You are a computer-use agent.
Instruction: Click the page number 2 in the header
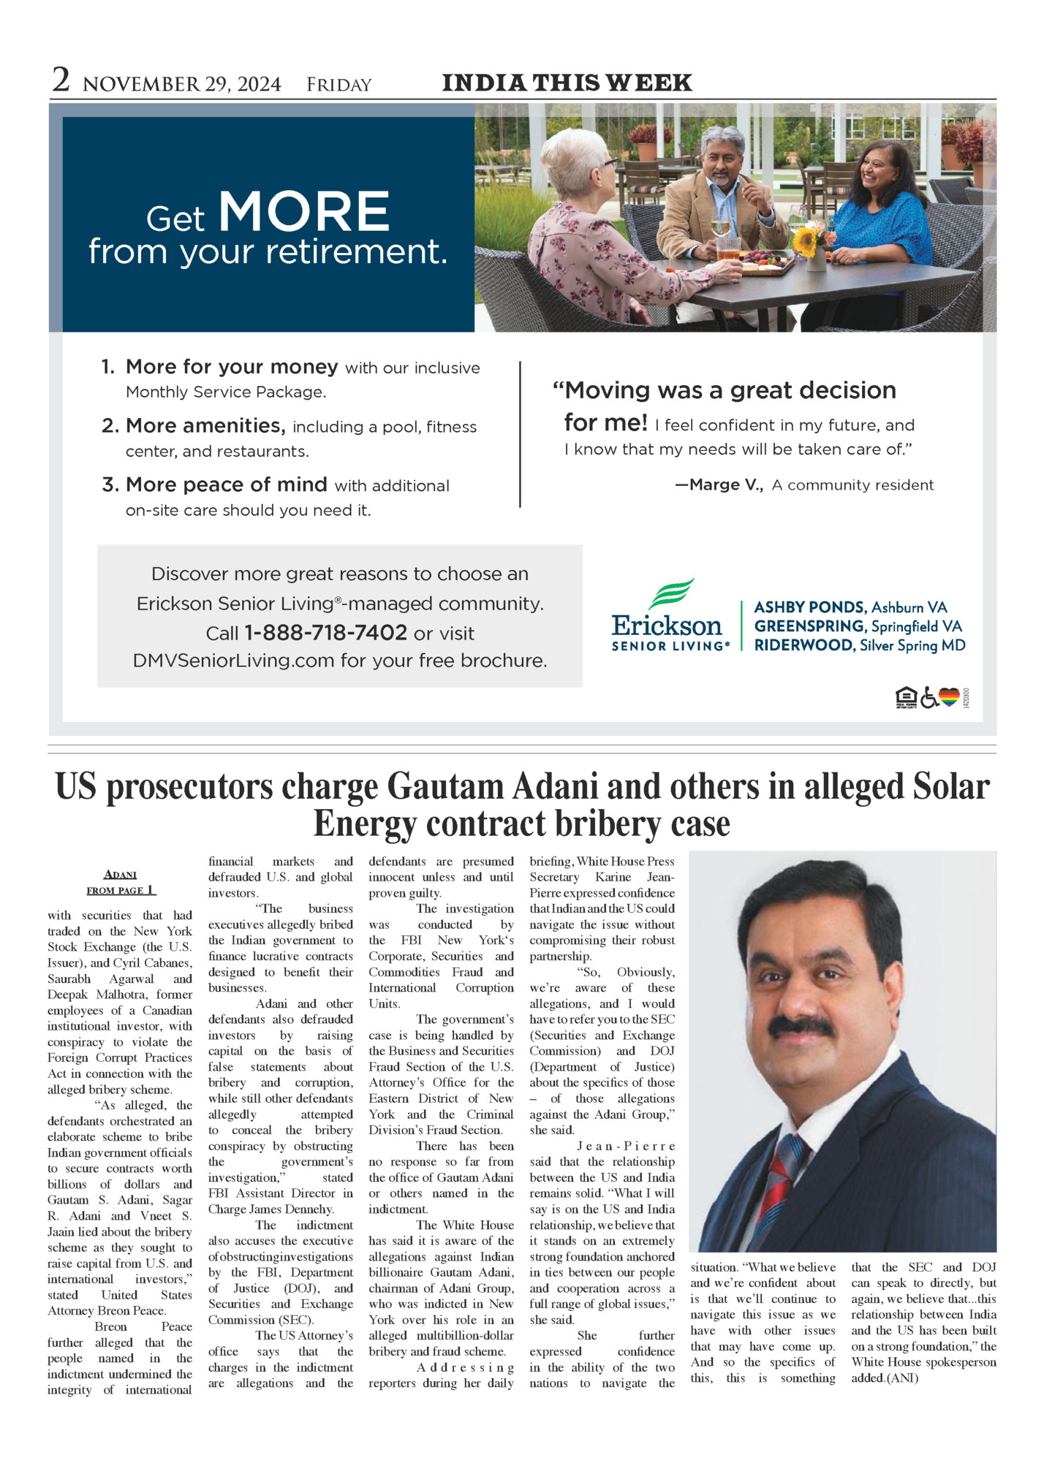pyautogui.click(x=61, y=80)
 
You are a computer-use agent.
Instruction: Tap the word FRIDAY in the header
pyautogui.click(x=339, y=85)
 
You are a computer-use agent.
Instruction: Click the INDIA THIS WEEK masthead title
pyautogui.click(x=567, y=83)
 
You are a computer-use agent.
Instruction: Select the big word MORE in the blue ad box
pyautogui.click(x=304, y=212)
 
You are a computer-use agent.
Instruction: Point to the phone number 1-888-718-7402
pyautogui.click(x=325, y=633)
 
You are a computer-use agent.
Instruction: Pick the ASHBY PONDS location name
pyautogui.click(x=809, y=607)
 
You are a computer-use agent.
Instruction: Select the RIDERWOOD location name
pyautogui.click(x=804, y=645)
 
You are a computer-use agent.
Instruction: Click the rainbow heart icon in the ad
pyautogui.click(x=949, y=698)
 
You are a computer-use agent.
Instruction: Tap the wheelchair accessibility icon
pyautogui.click(x=928, y=699)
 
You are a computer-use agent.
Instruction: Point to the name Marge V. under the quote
pyautogui.click(x=719, y=485)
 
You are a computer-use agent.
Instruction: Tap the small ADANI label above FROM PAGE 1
pyautogui.click(x=121, y=875)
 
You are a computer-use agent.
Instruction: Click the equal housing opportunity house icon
pyautogui.click(x=906, y=699)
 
